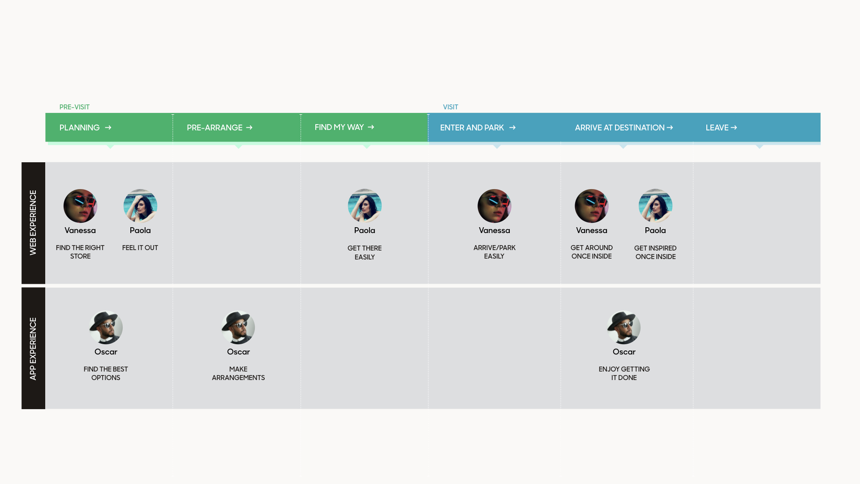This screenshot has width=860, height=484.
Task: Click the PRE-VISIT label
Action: click(74, 107)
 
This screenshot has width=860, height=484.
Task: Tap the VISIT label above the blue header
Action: click(450, 107)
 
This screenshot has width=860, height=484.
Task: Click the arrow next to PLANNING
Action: click(108, 128)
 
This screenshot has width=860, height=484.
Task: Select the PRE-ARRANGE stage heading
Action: click(215, 128)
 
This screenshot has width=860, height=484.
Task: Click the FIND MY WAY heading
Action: click(339, 127)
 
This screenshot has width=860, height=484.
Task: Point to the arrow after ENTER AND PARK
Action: click(512, 128)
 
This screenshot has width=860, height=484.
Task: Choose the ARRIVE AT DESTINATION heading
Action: click(619, 128)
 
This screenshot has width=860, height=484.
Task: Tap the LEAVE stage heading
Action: click(717, 128)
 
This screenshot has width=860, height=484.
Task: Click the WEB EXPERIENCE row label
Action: click(33, 223)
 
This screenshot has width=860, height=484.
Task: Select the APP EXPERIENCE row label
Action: click(33, 349)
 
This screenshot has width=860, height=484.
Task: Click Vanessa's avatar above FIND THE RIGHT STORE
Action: click(80, 206)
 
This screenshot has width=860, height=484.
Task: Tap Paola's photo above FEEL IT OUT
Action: click(140, 206)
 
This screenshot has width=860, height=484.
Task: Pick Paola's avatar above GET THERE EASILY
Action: click(365, 206)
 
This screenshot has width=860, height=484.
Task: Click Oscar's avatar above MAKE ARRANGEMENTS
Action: click(238, 328)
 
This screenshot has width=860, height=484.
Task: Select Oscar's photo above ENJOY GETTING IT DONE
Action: click(624, 328)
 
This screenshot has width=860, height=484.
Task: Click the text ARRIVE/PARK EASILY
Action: click(494, 252)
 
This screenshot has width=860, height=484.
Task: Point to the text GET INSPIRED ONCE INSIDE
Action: click(655, 252)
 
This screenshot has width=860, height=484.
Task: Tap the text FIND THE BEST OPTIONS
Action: click(106, 373)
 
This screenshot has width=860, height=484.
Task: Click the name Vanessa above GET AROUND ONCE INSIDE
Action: click(591, 230)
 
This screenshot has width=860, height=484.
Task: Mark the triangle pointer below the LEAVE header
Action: click(760, 146)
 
